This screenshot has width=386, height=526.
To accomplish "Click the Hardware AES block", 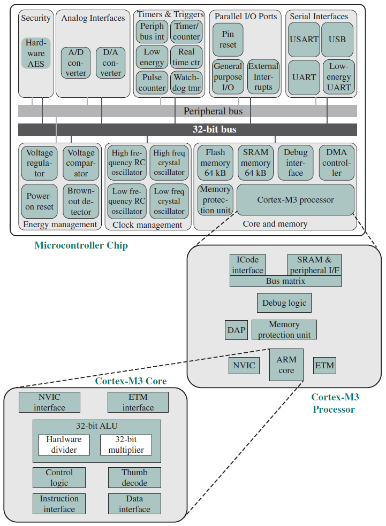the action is click(x=36, y=53).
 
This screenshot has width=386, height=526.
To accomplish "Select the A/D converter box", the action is click(x=75, y=63).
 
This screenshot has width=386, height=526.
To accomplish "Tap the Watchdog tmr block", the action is click(x=186, y=82).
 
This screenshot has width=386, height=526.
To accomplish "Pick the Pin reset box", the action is click(x=228, y=39).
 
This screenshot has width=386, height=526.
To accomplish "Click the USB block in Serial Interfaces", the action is click(x=337, y=40).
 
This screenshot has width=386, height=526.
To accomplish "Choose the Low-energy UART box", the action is click(x=339, y=77).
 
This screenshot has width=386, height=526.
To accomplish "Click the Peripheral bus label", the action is click(x=213, y=111).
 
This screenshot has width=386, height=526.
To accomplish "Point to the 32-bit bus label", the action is click(x=214, y=129).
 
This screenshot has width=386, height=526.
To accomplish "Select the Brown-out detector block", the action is click(x=81, y=202).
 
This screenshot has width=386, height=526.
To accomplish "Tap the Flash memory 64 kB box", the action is click(x=215, y=163).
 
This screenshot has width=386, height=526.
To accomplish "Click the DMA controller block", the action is click(x=336, y=163).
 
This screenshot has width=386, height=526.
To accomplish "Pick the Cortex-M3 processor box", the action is click(x=296, y=200).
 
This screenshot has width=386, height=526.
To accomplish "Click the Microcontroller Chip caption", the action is click(x=81, y=245).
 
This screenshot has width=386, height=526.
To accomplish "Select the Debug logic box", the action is click(x=284, y=303).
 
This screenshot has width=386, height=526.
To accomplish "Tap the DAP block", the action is click(x=237, y=330).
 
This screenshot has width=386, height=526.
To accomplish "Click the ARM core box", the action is click(x=286, y=365).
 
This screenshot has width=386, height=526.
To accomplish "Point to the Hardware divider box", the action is click(x=64, y=445).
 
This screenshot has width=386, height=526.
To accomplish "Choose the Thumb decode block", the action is click(x=134, y=478).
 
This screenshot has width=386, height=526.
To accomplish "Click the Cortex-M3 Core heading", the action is click(x=131, y=381).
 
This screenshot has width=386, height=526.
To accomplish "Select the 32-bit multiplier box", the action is click(x=126, y=445).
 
